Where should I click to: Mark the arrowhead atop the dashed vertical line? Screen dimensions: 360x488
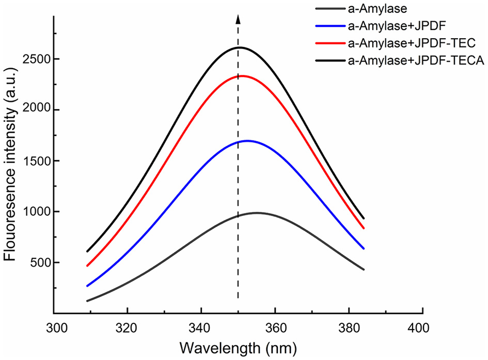(x=238, y=19)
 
